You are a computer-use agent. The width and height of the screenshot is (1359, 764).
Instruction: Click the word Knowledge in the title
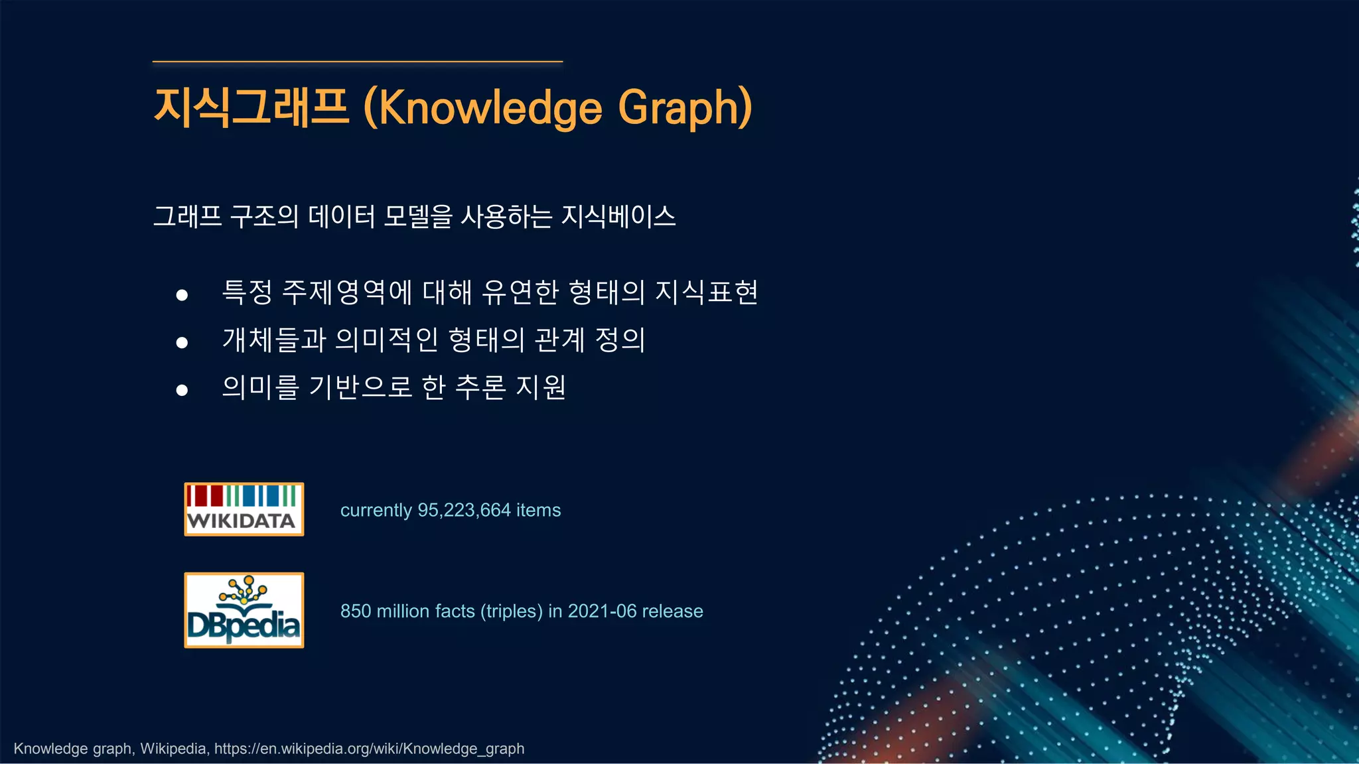pos(490,107)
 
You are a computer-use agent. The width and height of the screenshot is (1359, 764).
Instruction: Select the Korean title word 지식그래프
pos(251,107)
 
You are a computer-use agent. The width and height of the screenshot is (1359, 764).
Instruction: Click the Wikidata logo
pos(244,509)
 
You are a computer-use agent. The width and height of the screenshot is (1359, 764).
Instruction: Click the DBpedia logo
pos(244,610)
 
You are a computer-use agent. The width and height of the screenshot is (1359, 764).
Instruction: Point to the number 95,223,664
pos(464,510)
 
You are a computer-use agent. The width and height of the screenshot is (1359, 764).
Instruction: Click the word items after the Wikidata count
pos(538,510)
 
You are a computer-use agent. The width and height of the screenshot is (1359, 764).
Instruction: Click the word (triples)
pos(511,611)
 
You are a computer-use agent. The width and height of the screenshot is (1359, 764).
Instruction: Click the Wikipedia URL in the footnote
pos(369,749)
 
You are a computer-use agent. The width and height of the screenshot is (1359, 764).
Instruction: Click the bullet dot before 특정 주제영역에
pos(182,295)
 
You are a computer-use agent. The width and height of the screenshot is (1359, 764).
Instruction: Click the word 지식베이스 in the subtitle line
pos(618,216)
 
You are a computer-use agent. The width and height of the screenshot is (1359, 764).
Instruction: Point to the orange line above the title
pos(357,62)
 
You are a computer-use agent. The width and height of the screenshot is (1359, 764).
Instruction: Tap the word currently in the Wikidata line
pos(376,510)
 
